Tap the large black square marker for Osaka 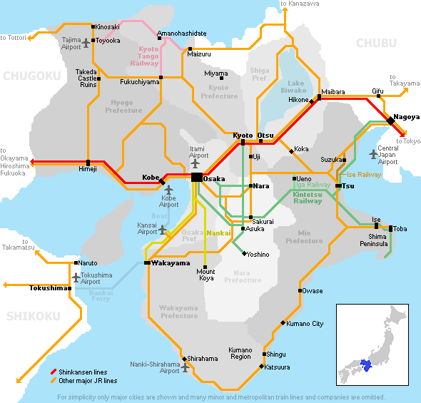[196, 177]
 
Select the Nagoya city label [406, 116]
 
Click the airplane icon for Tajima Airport [87, 44]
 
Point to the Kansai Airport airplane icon [163, 230]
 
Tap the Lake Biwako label [292, 87]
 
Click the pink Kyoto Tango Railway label [148, 56]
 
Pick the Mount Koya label [206, 275]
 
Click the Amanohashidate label [182, 34]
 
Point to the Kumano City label [305, 324]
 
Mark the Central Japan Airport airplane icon [370, 153]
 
